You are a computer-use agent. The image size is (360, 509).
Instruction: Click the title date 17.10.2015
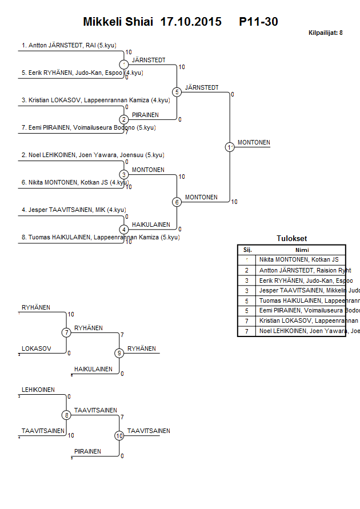(x=191, y=22)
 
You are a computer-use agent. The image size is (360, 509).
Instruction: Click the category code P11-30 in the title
(x=259, y=22)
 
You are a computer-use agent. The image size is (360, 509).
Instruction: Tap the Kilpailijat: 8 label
(x=325, y=33)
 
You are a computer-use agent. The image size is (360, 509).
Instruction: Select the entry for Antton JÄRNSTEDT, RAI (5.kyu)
(x=67, y=45)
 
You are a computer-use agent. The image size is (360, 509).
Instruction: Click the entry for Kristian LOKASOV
(x=95, y=100)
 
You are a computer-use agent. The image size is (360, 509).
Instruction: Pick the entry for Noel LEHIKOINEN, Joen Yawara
(x=93, y=155)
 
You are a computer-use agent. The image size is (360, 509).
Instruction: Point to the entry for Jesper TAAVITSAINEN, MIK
(x=73, y=210)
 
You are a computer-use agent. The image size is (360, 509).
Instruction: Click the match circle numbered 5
(x=177, y=92)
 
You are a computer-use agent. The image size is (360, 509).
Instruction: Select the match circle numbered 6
(x=177, y=202)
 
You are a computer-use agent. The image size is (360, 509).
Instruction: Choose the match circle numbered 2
(x=124, y=119)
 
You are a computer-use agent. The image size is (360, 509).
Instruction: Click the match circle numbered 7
(x=66, y=332)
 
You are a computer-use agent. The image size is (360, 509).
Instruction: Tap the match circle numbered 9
(x=119, y=353)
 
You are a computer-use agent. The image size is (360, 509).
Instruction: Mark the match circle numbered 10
(x=119, y=436)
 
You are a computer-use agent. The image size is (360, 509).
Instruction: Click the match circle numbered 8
(x=66, y=415)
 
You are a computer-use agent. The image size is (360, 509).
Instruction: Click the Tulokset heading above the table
(x=291, y=239)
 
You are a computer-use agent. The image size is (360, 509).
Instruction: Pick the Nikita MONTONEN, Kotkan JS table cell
(x=299, y=259)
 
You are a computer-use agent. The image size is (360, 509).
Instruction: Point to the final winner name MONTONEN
(x=254, y=142)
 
